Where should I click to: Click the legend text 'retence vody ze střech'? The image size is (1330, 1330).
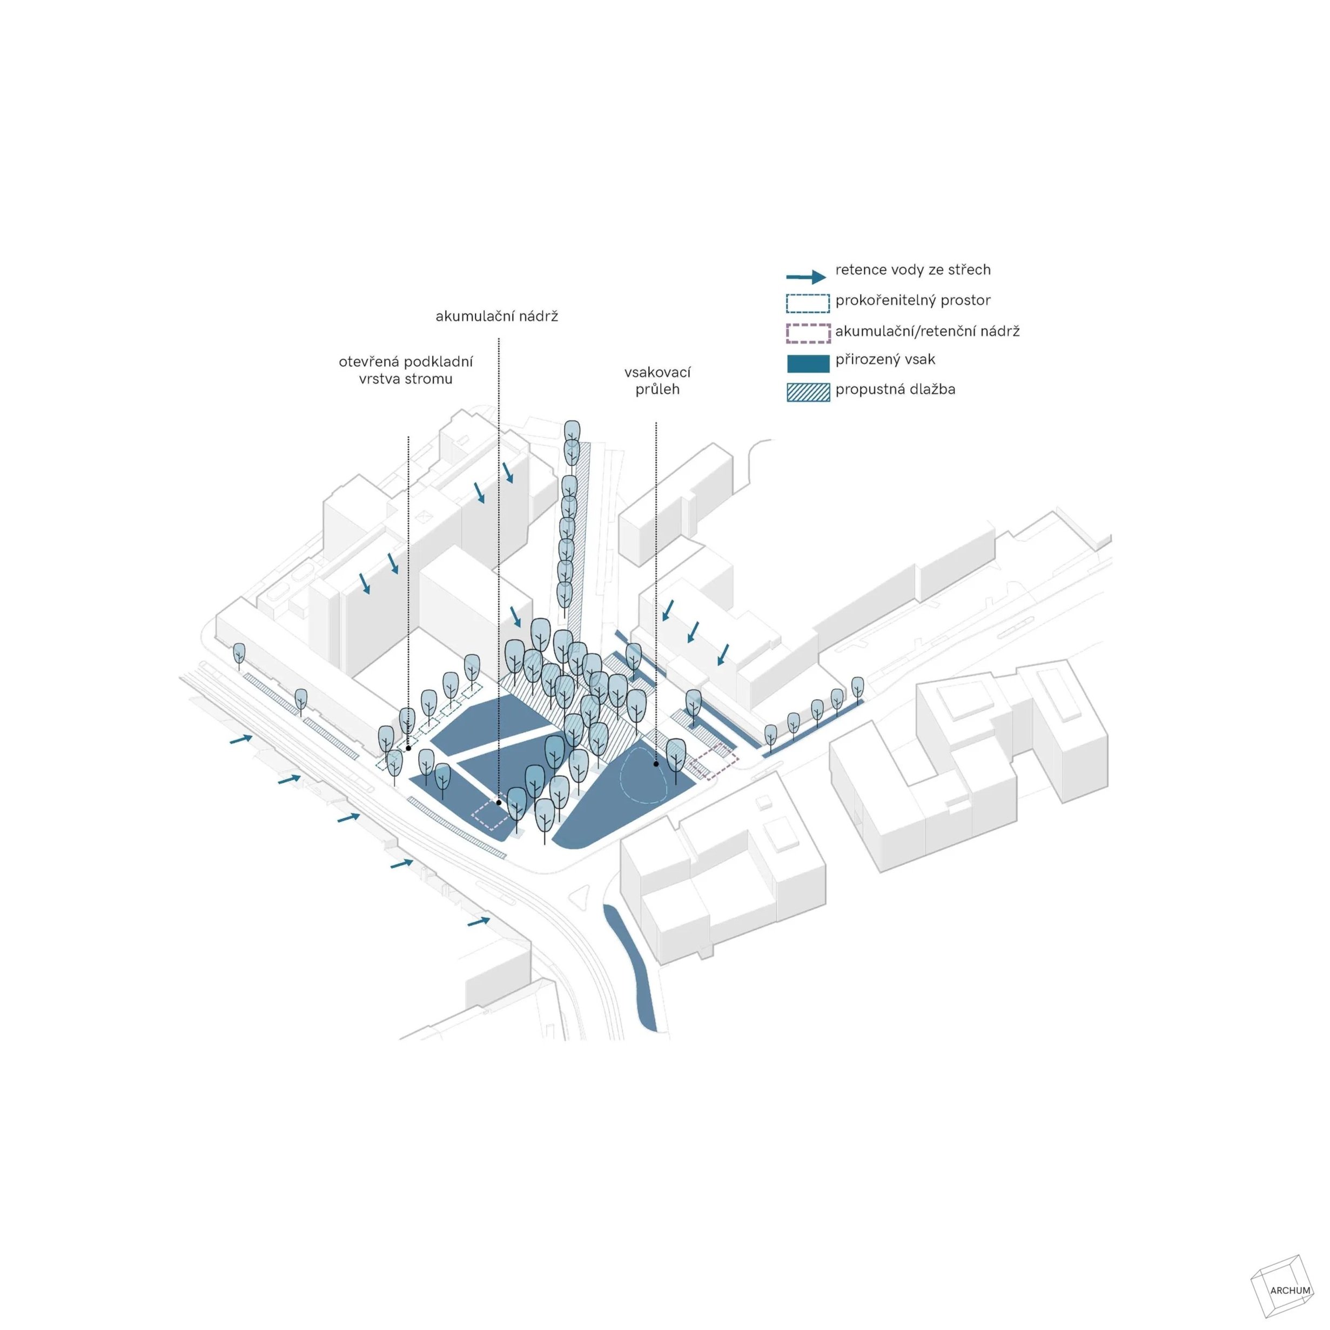coord(913,270)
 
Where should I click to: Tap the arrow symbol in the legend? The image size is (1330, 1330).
coord(806,277)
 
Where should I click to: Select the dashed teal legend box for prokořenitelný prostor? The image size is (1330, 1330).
coord(808,304)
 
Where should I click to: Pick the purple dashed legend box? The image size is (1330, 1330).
coord(808,333)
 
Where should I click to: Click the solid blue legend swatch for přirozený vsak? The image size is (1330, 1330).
coord(808,363)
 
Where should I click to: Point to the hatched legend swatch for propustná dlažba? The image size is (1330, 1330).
coord(808,392)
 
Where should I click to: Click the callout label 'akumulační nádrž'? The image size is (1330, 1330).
coord(496,317)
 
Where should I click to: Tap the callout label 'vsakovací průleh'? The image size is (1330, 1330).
coord(657,381)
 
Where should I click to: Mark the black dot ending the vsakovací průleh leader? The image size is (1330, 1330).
coord(656,763)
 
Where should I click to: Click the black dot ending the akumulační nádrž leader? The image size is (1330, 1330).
coord(499,802)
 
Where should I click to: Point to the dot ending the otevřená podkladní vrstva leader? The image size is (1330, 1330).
coord(408,748)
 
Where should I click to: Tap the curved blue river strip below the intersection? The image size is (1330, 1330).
coord(632,964)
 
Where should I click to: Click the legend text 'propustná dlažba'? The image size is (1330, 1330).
coord(895,389)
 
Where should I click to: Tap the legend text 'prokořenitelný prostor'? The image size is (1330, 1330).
coord(913,300)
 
